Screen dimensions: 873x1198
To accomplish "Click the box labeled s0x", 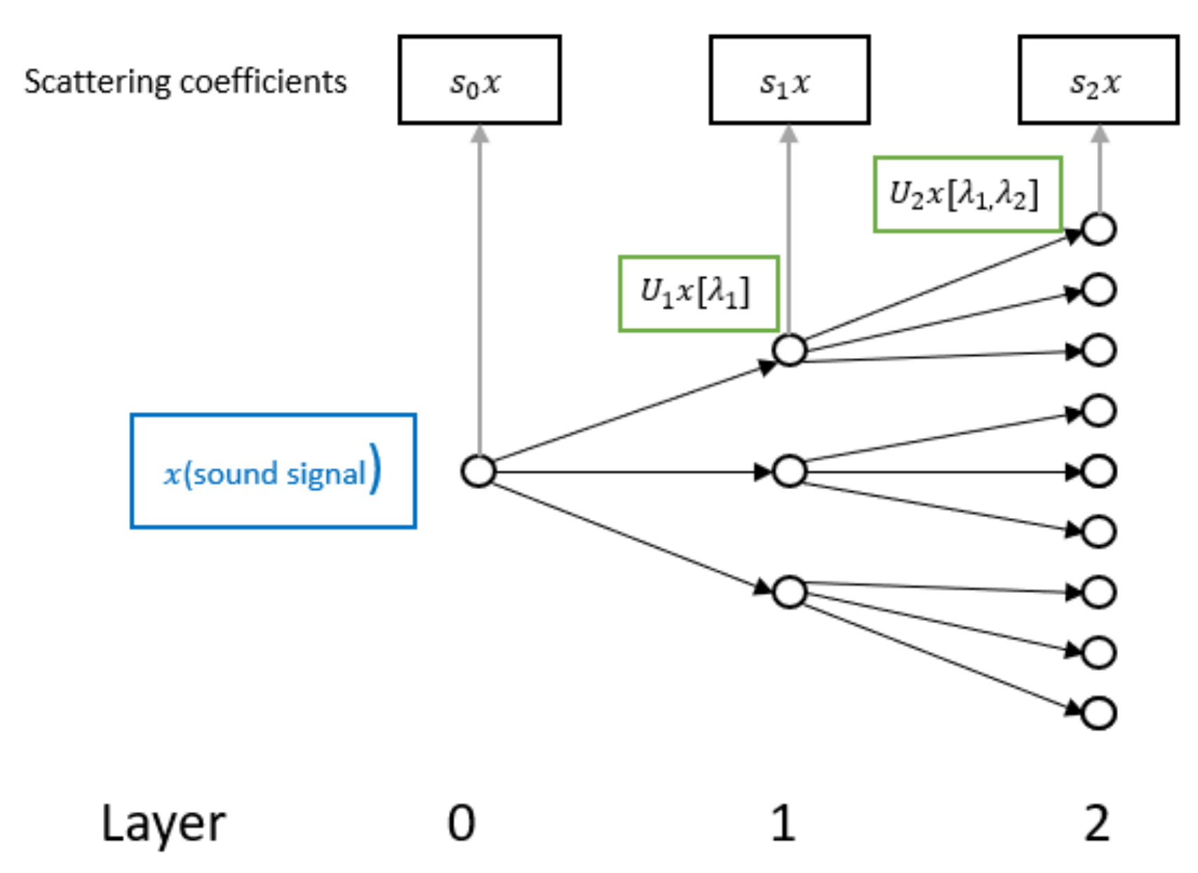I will click(x=479, y=80).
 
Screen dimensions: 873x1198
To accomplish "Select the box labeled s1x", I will click(x=789, y=80).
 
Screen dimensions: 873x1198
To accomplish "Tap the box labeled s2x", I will click(x=1098, y=80).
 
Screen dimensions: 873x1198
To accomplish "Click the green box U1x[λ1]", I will click(x=699, y=293).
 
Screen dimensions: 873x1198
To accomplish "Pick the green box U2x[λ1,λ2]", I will click(x=967, y=194).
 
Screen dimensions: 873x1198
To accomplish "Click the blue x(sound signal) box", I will click(x=273, y=471).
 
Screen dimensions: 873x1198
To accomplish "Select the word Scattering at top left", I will click(x=97, y=82).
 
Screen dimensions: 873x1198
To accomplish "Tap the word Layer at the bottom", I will click(x=163, y=824).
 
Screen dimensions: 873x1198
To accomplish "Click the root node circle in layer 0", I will click(x=478, y=471).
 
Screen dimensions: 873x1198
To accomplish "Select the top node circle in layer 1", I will click(x=789, y=349).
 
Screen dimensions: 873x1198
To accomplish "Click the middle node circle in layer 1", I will click(x=789, y=471).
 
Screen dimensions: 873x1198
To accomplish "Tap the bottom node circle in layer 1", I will click(x=789, y=592).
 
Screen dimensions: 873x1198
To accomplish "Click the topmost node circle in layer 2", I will click(x=1098, y=229).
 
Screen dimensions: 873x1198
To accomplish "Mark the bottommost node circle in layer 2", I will click(x=1098, y=713).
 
